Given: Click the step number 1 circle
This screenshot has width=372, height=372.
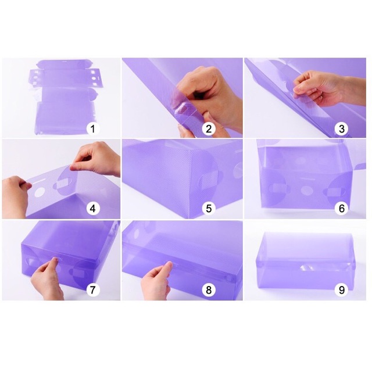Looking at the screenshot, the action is point(93,128).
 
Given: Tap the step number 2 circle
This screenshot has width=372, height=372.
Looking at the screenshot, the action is point(209,128).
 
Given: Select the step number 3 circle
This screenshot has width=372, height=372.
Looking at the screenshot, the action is point(341,128).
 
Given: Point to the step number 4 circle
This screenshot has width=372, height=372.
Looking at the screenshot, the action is point(93,208).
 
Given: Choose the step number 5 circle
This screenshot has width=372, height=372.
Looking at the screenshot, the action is point(209,208).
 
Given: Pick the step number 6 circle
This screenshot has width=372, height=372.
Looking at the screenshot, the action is point(341,208).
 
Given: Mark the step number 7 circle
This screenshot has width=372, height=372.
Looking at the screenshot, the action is point(93,289).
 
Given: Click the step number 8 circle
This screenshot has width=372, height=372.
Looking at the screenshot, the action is point(209,289).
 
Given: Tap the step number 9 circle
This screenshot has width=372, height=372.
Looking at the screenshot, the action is point(341,289).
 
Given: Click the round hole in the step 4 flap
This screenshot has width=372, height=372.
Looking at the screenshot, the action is point(40,192).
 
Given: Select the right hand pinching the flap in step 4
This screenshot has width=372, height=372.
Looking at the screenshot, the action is point(97,158).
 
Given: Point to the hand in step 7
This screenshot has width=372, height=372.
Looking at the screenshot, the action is point(48,280).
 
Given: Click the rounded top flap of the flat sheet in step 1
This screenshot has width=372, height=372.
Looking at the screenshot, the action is point(62,64).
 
